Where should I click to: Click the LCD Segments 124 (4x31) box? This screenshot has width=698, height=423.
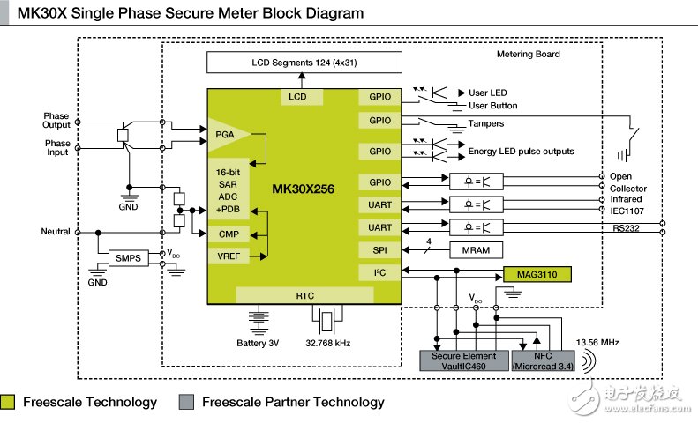(297, 63)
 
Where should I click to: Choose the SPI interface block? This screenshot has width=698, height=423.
(379, 250)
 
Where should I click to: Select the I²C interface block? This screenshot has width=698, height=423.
(379, 273)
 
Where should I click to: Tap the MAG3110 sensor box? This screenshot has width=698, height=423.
(537, 274)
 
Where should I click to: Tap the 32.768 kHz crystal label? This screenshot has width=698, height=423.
(331, 341)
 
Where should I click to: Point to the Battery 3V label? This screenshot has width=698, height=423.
(258, 341)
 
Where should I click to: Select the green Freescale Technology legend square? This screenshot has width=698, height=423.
(8, 403)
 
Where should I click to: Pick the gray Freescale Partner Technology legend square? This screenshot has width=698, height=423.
(185, 403)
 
